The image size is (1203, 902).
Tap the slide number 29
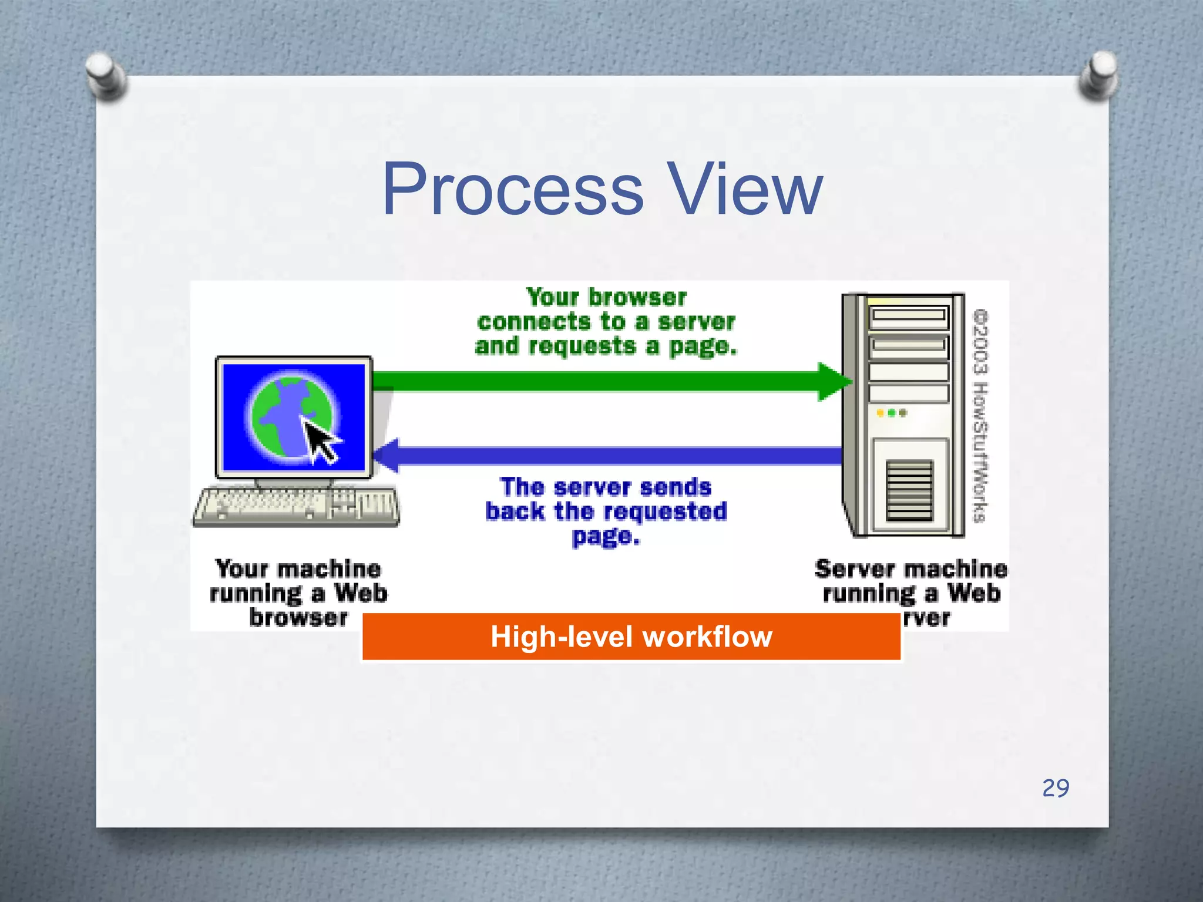pyautogui.click(x=1055, y=788)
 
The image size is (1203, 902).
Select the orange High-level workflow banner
pyautogui.click(x=631, y=637)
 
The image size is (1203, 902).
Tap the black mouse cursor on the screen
pyautogui.click(x=320, y=442)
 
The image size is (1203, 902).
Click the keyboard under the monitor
pyautogui.click(x=297, y=507)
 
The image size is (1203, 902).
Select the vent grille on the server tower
pyautogui.click(x=909, y=491)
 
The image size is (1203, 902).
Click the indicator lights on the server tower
pyautogui.click(x=892, y=413)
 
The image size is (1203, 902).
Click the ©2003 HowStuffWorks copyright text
pyautogui.click(x=980, y=416)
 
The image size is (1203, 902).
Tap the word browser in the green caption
pyautogui.click(x=637, y=298)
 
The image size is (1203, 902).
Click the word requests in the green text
pyautogui.click(x=582, y=346)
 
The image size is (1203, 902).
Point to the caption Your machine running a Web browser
pyautogui.click(x=298, y=593)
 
